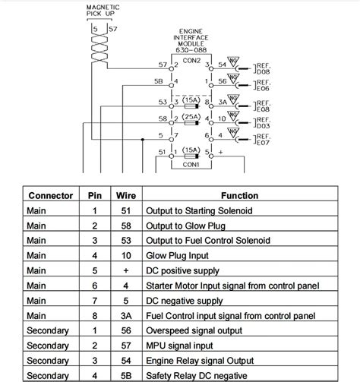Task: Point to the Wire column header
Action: tap(125, 196)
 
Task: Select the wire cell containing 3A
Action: tap(125, 315)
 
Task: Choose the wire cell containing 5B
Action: tap(125, 375)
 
